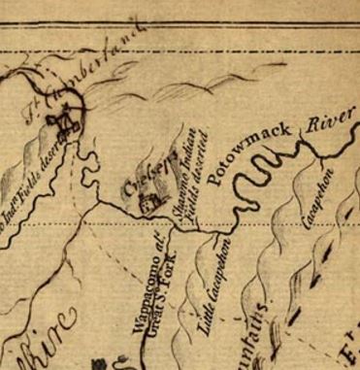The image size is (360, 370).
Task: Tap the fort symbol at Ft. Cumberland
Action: pyautogui.click(x=66, y=121)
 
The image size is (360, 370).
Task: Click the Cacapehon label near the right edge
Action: pyautogui.click(x=316, y=199)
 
